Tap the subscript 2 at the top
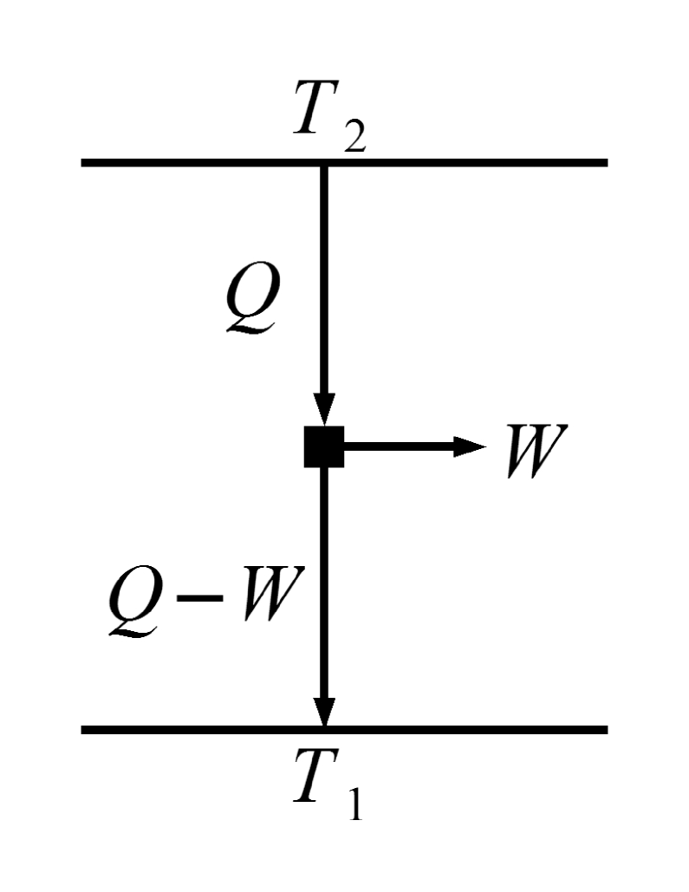tap(353, 138)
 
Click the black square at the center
tap(324, 447)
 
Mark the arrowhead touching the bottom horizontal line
tap(324, 711)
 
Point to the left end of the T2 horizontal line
tap(85, 162)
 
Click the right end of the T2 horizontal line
tap(604, 162)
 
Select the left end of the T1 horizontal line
tap(85, 730)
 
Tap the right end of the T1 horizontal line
tap(604, 730)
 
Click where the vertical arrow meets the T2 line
tap(324, 163)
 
